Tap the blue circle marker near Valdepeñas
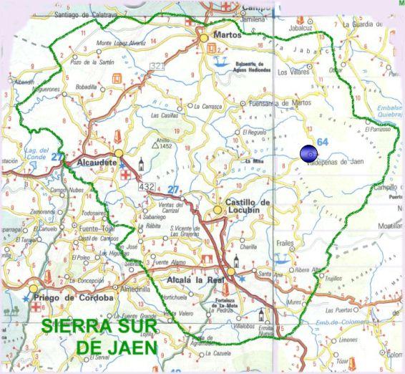[x=309, y=153]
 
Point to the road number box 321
[x=157, y=67]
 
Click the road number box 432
[x=147, y=187]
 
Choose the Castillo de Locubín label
[x=248, y=207]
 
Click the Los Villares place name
[x=293, y=72]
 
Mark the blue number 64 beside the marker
[x=323, y=143]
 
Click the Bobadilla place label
[x=86, y=87]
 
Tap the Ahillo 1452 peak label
[x=163, y=143]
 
